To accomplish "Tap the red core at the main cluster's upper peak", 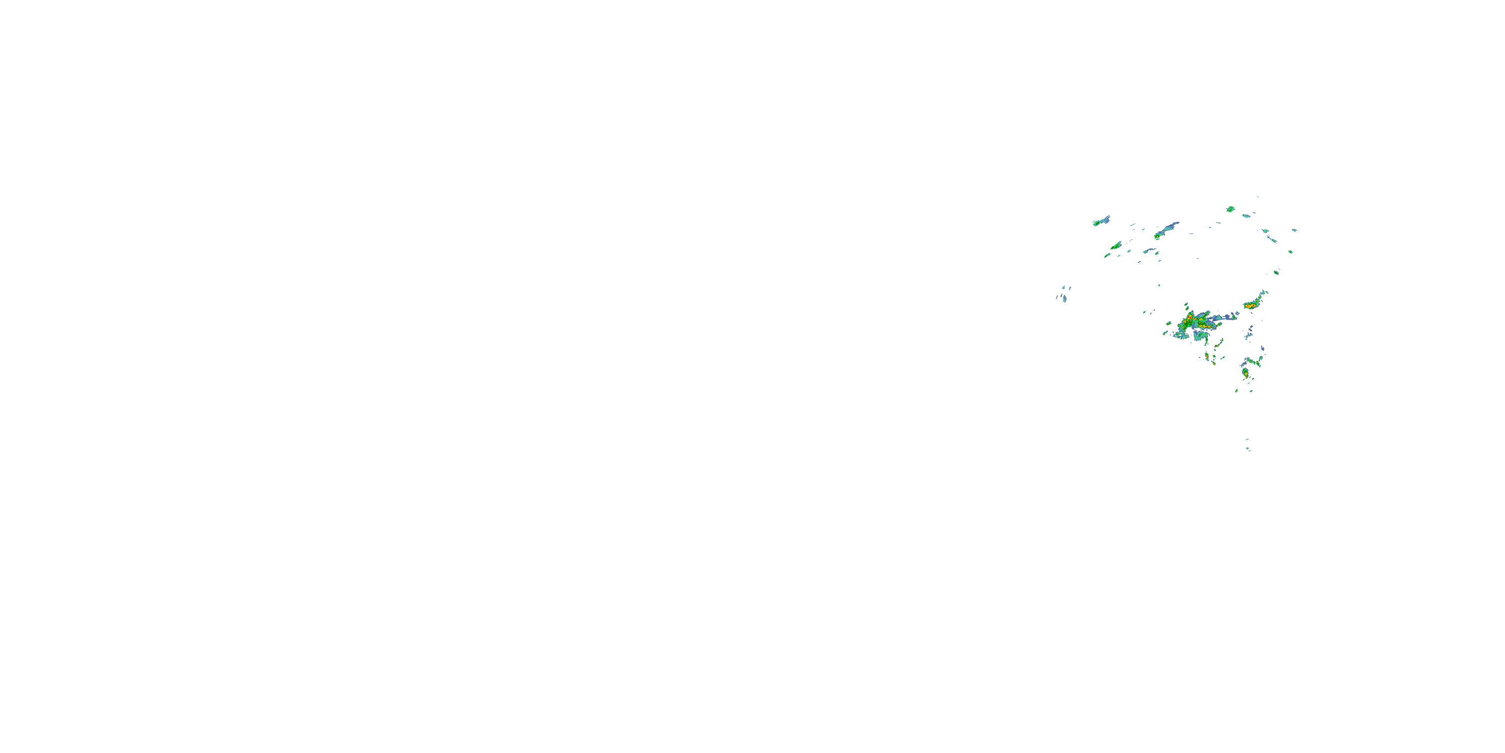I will pos(1190,316).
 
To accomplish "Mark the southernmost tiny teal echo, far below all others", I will pos(1248,448).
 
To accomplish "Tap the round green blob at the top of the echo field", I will pos(1231,209).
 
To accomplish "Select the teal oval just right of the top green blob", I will pos(1246,216).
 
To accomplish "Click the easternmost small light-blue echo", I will pos(1295,230).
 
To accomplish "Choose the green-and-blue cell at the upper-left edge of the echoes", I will pos(1102,221).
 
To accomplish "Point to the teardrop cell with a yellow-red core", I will pos(1245,372).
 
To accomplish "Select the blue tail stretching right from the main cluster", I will pos(1224,318).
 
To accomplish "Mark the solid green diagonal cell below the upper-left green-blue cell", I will pos(1116,245).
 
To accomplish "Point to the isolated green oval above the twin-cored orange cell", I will pos(1277,272).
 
